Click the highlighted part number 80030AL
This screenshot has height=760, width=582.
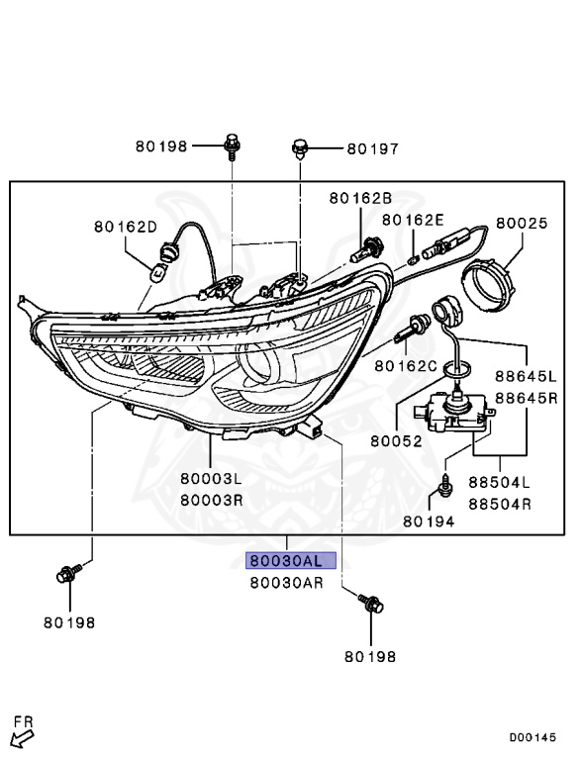click(x=291, y=561)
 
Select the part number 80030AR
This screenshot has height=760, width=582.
click(x=287, y=583)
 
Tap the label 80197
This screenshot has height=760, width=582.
click(x=372, y=149)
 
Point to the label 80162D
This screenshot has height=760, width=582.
click(x=126, y=227)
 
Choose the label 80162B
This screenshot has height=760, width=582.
click(x=360, y=198)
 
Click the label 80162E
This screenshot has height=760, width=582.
click(x=414, y=220)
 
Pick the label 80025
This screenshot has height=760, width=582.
click(x=522, y=224)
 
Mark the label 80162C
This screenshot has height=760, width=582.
click(x=406, y=366)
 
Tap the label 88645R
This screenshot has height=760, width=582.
click(x=528, y=398)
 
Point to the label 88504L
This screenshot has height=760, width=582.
click(x=499, y=484)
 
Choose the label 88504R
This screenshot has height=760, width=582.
click(x=499, y=504)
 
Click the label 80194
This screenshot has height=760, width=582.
click(x=430, y=521)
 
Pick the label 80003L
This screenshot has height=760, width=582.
click(x=212, y=479)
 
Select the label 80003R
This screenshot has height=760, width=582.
click(x=212, y=500)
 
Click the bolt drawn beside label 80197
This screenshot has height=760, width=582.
click(x=300, y=150)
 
